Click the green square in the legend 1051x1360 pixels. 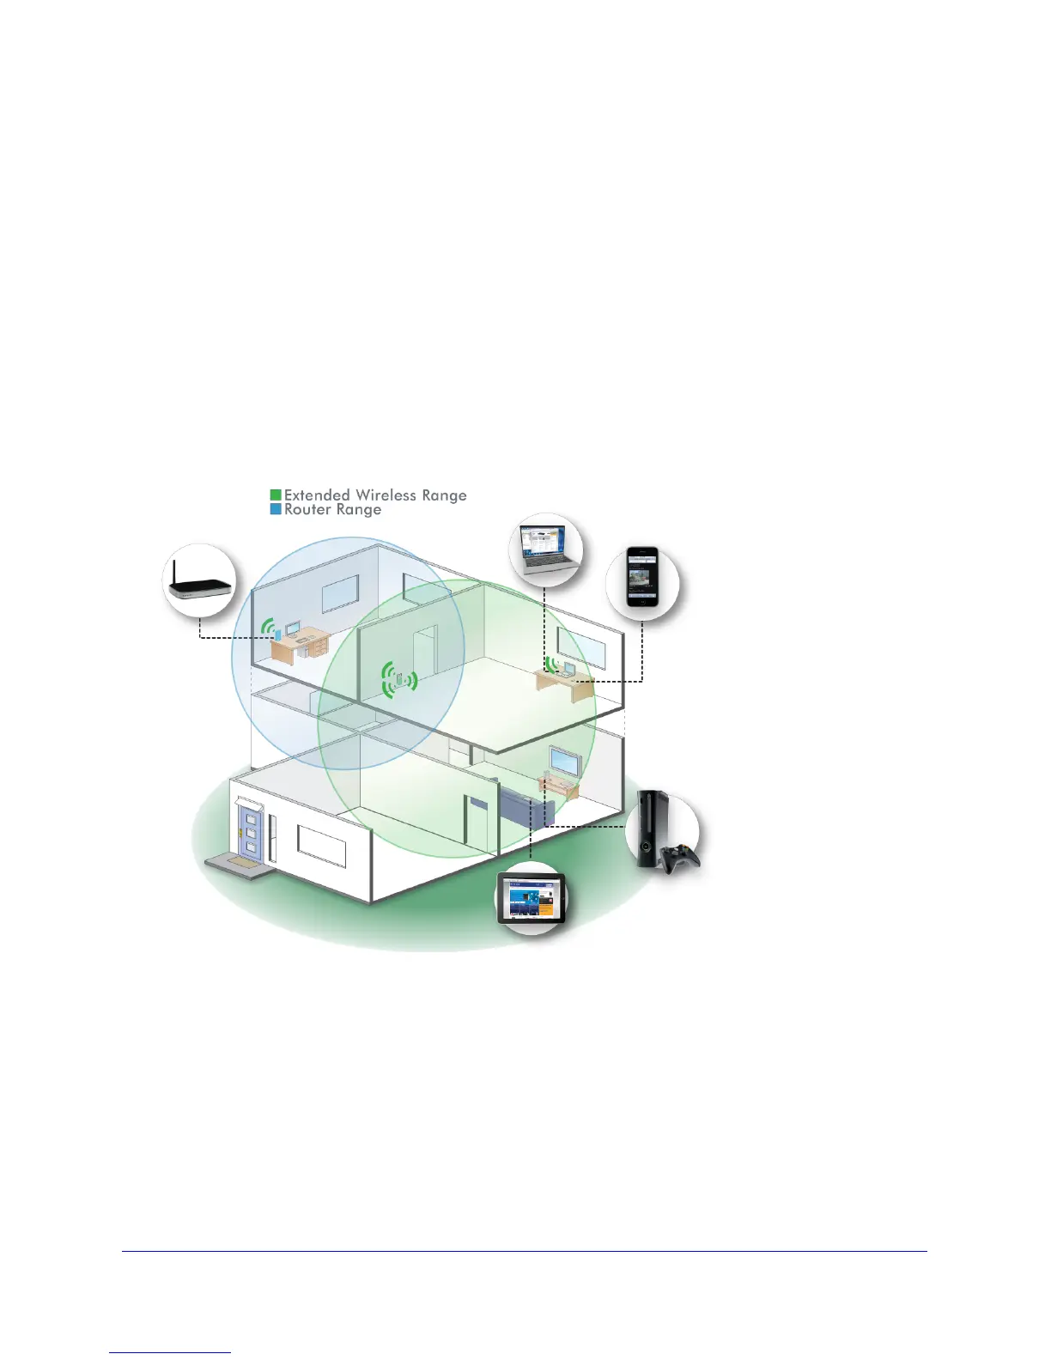click(x=276, y=495)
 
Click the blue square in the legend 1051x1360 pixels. click(x=276, y=509)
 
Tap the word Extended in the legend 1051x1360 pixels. click(x=317, y=495)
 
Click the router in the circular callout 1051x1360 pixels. click(x=200, y=588)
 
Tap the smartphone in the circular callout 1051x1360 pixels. click(x=641, y=576)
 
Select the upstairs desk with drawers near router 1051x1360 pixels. click(x=301, y=643)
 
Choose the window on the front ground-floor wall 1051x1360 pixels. click(x=322, y=846)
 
